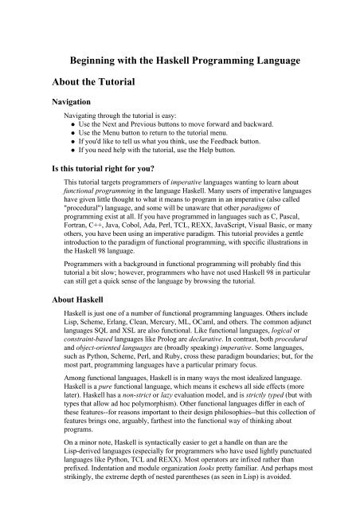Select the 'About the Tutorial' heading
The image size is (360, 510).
click(100, 81)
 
